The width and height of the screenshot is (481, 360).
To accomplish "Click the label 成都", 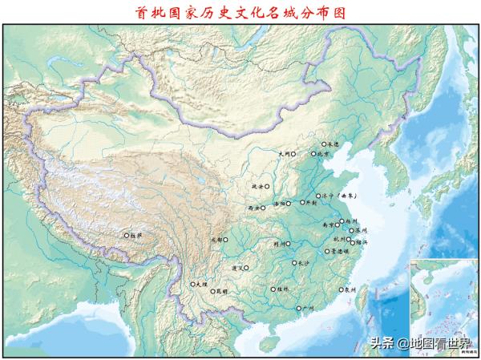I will [x=215, y=239].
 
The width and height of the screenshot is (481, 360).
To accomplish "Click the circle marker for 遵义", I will [x=247, y=268].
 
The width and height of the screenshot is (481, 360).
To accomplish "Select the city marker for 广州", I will [x=298, y=309].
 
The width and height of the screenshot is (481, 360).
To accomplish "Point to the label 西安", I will [x=256, y=208].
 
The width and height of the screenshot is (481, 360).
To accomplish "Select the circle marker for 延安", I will [x=267, y=186].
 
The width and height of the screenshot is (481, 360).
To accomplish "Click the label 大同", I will [x=283, y=153].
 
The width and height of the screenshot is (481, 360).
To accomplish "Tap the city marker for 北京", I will [x=313, y=153].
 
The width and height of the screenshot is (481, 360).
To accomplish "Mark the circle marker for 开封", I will [x=303, y=203].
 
